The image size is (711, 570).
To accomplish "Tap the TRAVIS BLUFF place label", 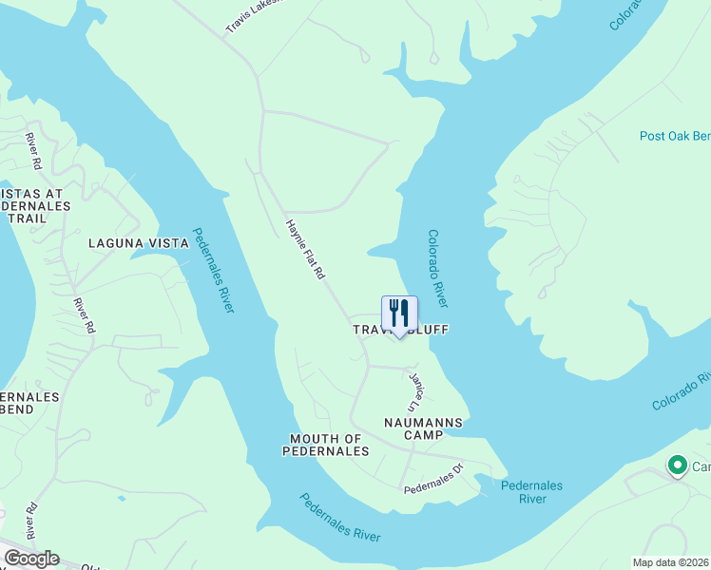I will (400, 330).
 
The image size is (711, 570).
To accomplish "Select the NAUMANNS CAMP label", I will (423, 427).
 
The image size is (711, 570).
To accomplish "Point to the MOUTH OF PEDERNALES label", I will (325, 445).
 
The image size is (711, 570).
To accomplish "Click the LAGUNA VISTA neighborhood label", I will (139, 243).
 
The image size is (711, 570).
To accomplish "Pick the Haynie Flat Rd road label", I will (306, 249).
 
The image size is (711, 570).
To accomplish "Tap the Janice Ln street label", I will (415, 390).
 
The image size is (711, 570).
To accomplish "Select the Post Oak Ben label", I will (674, 136).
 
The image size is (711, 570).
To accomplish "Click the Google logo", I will (31, 559).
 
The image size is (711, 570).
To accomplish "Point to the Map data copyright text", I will (671, 562).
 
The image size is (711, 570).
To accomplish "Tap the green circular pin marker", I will (677, 465).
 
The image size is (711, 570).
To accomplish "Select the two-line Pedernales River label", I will (532, 492).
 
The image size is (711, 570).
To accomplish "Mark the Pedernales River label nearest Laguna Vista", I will (214, 271).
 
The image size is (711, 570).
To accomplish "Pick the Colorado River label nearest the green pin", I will (681, 390).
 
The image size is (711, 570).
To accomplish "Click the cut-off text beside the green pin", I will (701, 466).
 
